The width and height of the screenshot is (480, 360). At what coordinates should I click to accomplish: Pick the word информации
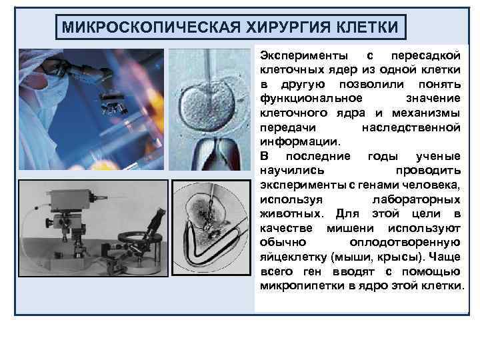[x=299, y=141]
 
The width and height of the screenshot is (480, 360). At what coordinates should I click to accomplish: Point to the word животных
[x=288, y=214]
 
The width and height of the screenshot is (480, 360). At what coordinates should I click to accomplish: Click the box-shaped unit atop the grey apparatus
[x=67, y=198]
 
